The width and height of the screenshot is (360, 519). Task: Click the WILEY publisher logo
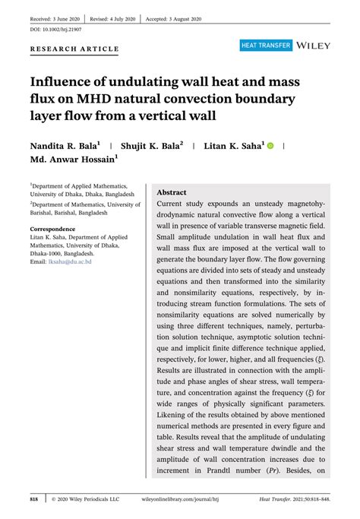click(314, 46)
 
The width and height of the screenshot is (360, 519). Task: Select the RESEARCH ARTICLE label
click(74, 49)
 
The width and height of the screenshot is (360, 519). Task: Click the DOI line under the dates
click(55, 29)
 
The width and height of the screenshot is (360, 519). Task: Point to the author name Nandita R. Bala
click(65, 144)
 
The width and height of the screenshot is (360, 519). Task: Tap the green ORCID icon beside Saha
click(270, 144)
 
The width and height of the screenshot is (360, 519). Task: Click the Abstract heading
click(172, 193)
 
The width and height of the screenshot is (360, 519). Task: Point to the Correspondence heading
click(57, 229)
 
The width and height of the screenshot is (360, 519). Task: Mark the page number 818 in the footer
click(34, 499)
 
